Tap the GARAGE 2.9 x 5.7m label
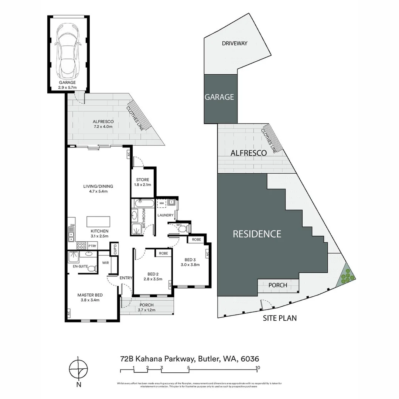(67, 85)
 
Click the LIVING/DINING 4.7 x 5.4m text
(98, 189)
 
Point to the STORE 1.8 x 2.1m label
(142, 182)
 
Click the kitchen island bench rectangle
(98, 221)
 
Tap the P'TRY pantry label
(92, 245)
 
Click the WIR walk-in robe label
(105, 263)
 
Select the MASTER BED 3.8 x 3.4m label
(90, 297)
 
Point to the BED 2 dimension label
(153, 276)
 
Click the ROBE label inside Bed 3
(197, 239)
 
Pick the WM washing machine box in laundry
(161, 203)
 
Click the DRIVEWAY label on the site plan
(235, 43)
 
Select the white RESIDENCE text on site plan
(257, 234)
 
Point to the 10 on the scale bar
(258, 368)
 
